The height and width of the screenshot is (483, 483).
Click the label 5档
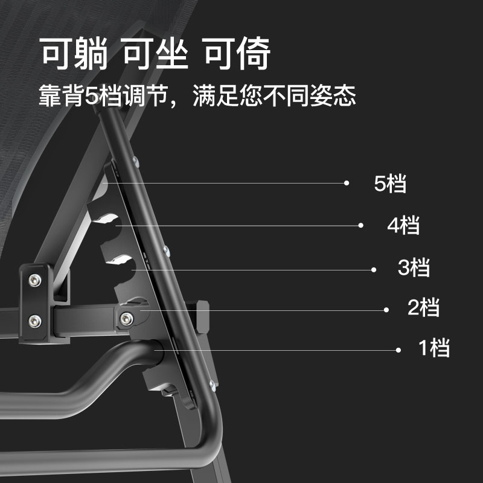[391, 184]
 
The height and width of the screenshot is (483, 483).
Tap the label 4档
[403, 226]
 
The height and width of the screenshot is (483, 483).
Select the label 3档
[414, 267]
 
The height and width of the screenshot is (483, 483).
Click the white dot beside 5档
[347, 182]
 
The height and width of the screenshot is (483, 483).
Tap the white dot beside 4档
[360, 225]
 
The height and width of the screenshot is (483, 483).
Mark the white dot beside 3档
[374, 269]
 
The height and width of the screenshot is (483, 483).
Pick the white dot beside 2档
[386, 310]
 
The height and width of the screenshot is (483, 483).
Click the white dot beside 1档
[398, 350]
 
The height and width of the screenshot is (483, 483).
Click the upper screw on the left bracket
[34, 280]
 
